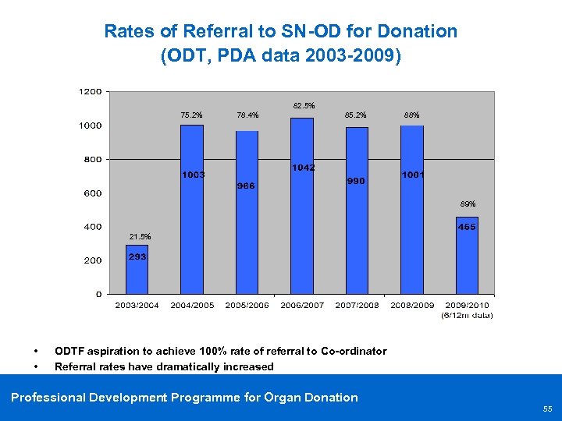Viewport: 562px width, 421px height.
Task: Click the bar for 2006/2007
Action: click(301, 234)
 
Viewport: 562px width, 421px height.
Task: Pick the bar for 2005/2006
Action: click(247, 234)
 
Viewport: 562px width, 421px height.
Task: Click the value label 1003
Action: click(193, 175)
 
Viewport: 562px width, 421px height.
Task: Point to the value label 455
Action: click(467, 227)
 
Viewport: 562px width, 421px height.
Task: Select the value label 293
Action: click(137, 256)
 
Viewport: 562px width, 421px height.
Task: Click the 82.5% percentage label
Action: click(304, 105)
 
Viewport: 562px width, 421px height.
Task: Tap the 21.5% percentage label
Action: click(140, 236)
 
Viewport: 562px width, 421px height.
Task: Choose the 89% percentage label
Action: click(467, 203)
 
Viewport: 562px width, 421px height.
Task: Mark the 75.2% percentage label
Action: click(191, 115)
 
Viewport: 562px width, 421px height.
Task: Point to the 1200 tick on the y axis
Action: click(90, 92)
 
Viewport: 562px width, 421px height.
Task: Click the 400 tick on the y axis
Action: click(93, 227)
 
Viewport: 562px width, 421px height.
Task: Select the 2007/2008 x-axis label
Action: click(357, 305)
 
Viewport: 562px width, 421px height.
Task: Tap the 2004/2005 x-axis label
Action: click(192, 305)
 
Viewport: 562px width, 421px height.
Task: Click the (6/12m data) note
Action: click(467, 315)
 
